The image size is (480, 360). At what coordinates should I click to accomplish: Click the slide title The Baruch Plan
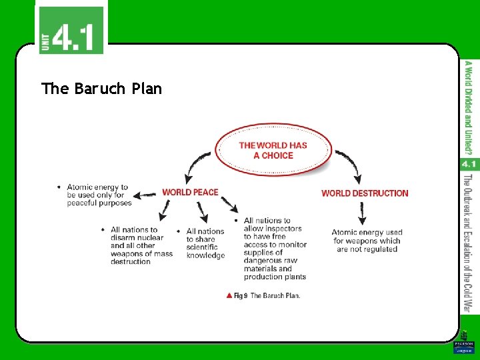(101, 89)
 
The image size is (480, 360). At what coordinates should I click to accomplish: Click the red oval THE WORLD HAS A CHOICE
(273, 150)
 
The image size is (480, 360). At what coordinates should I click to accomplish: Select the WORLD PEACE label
(190, 192)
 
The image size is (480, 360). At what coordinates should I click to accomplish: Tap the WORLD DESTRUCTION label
(365, 193)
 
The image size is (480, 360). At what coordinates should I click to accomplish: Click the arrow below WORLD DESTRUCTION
(363, 213)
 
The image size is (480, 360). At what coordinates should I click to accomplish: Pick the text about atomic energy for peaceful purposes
(99, 195)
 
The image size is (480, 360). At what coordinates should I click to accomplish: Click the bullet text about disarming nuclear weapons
(140, 245)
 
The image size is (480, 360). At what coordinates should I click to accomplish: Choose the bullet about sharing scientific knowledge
(205, 243)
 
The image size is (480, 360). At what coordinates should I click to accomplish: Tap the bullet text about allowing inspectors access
(274, 249)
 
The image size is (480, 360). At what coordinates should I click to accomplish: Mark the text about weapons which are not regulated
(367, 241)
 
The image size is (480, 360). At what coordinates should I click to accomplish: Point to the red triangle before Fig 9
(229, 295)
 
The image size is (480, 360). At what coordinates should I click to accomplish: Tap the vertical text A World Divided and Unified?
(469, 107)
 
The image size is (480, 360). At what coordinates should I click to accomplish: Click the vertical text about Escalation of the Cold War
(469, 243)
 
